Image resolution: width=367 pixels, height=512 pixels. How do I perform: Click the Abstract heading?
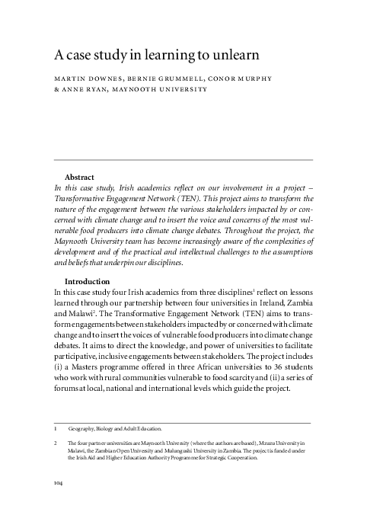click(x=81, y=176)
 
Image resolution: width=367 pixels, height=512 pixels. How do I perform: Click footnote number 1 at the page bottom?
click(x=53, y=430)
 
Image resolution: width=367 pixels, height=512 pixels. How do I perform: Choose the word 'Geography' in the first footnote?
click(x=83, y=430)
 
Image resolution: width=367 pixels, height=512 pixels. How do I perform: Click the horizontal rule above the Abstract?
click(x=183, y=159)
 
